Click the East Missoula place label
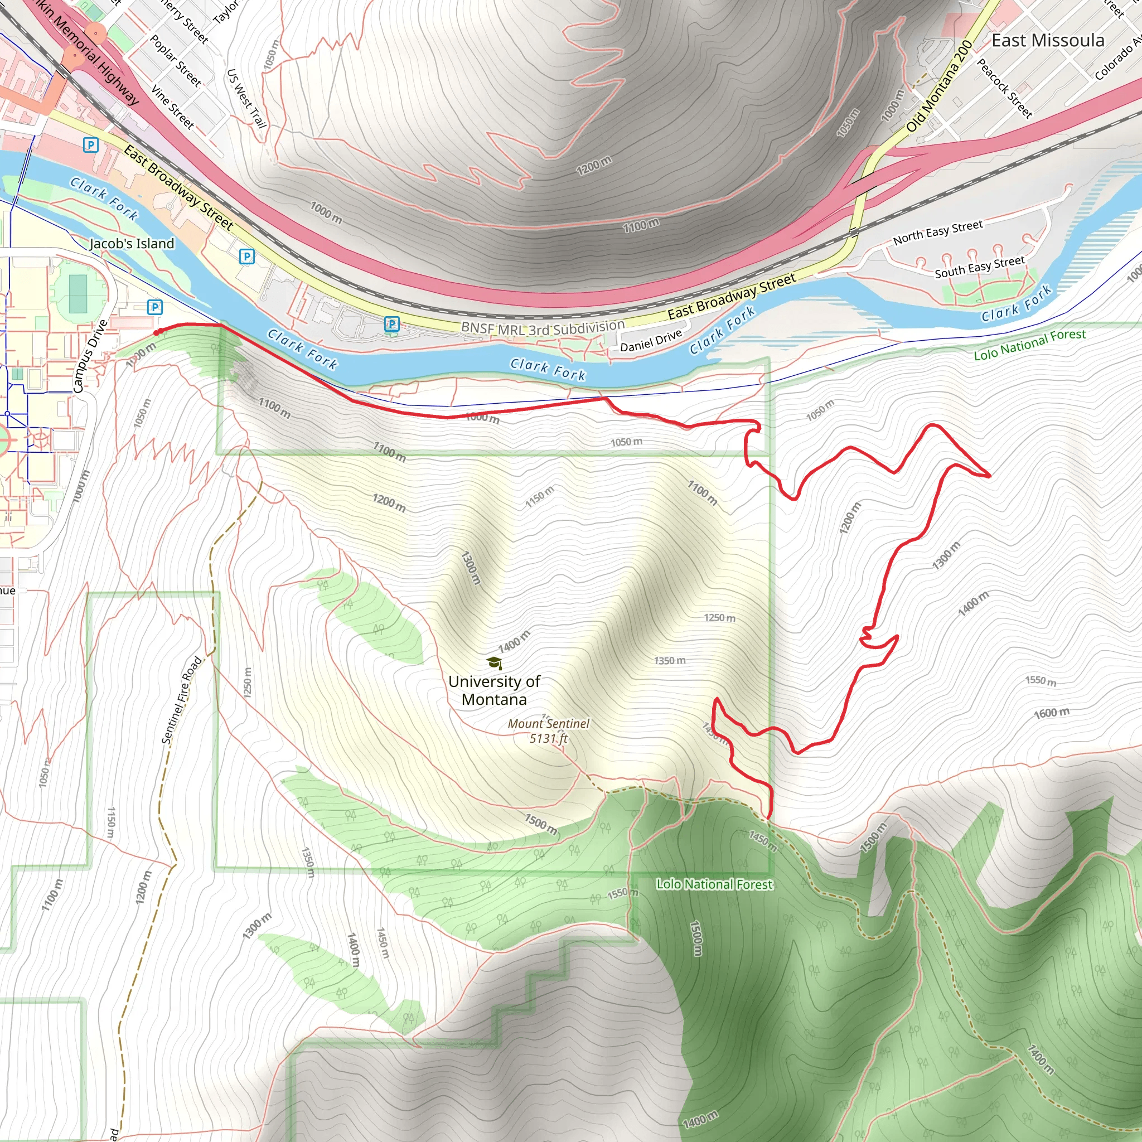1047,41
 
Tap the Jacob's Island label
132,244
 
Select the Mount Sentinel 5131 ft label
549,730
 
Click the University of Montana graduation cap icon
494,662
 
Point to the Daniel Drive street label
651,341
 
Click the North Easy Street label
937,232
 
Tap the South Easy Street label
979,267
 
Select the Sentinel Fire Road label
182,700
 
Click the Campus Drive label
90,356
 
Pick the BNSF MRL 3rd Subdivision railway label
543,327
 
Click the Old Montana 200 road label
939,86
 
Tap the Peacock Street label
1004,88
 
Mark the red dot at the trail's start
157,333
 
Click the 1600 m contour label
1051,713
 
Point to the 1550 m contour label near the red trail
1041,681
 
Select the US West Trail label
246,98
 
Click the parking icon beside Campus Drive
154,307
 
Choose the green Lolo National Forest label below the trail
714,884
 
